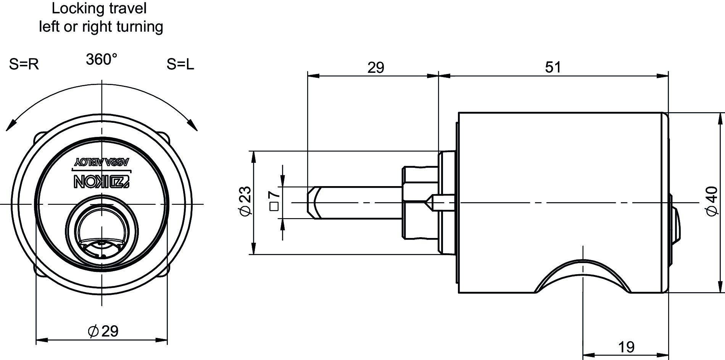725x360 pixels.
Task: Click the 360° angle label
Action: coord(101,59)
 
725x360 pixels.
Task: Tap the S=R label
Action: coord(24,64)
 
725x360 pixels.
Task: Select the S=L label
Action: coord(180,64)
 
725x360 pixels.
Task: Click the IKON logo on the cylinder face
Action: coord(102,182)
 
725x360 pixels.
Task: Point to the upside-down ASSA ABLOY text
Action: coord(101,162)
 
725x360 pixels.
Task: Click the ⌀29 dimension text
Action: coord(103,331)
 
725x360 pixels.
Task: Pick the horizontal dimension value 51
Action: coord(553,67)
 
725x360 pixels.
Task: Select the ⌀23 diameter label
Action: coord(246,201)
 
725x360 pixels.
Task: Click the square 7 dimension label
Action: coord(275,201)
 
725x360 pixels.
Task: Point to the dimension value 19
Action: coord(626,347)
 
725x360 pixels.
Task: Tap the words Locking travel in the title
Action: coord(99,8)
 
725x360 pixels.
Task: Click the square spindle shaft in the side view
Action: coord(354,202)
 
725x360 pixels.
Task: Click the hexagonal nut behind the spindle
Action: coord(419,202)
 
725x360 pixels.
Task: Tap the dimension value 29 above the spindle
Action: coord(376,67)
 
